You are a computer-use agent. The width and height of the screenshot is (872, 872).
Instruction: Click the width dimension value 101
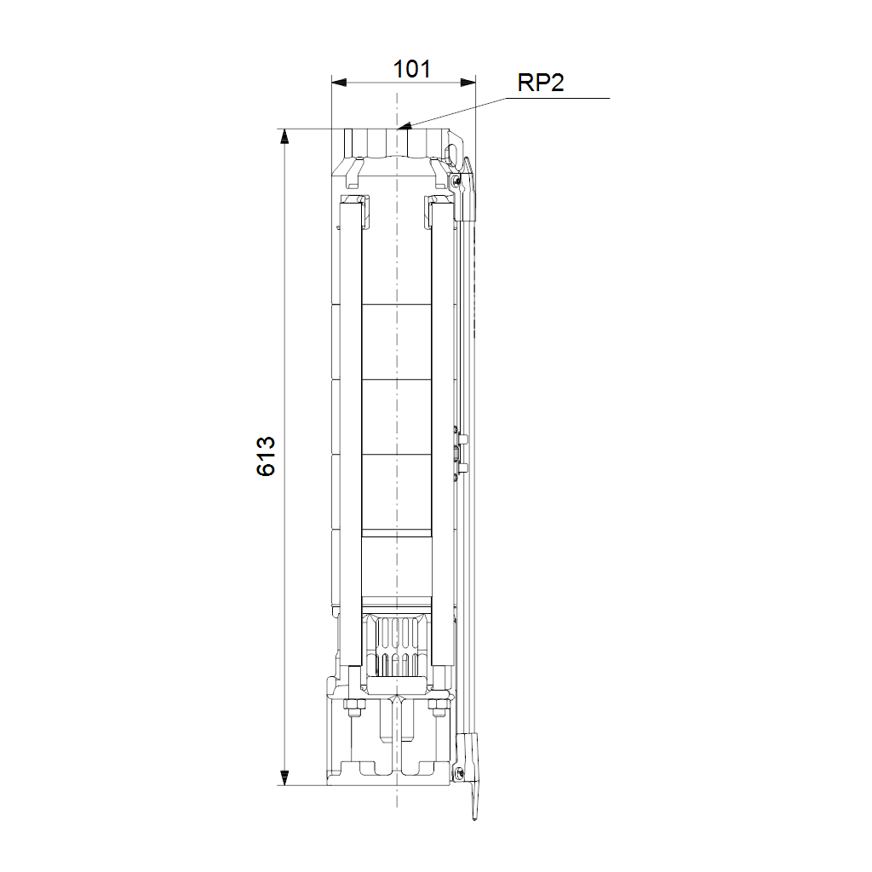411,70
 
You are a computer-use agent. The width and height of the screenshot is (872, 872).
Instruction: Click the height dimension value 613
267,456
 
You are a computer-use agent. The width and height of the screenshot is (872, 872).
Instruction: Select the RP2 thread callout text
541,83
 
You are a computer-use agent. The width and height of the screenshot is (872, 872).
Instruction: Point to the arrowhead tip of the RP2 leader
399,128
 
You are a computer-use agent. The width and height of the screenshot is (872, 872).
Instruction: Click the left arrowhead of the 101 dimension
339,83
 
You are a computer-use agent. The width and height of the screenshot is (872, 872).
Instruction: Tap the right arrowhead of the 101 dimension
468,83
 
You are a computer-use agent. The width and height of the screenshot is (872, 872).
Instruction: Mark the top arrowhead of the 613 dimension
284,137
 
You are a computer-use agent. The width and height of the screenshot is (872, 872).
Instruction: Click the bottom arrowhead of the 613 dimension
284,777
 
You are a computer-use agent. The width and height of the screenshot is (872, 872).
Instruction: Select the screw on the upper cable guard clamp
456,180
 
